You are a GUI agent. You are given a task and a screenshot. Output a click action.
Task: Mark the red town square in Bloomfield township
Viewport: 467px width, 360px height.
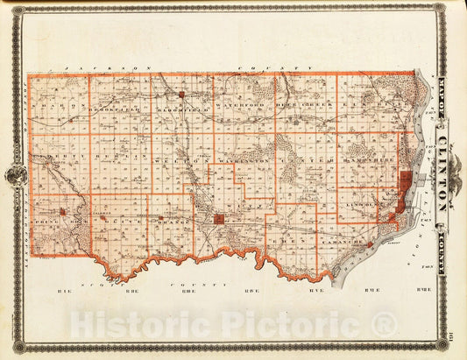click(181, 94)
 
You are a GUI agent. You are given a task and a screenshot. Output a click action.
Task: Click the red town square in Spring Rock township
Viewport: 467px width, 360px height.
click(63, 211)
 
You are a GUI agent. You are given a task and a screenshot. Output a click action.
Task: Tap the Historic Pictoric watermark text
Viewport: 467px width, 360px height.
click(233, 324)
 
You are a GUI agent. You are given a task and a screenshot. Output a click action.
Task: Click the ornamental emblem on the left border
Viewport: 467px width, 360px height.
click(16, 176)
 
